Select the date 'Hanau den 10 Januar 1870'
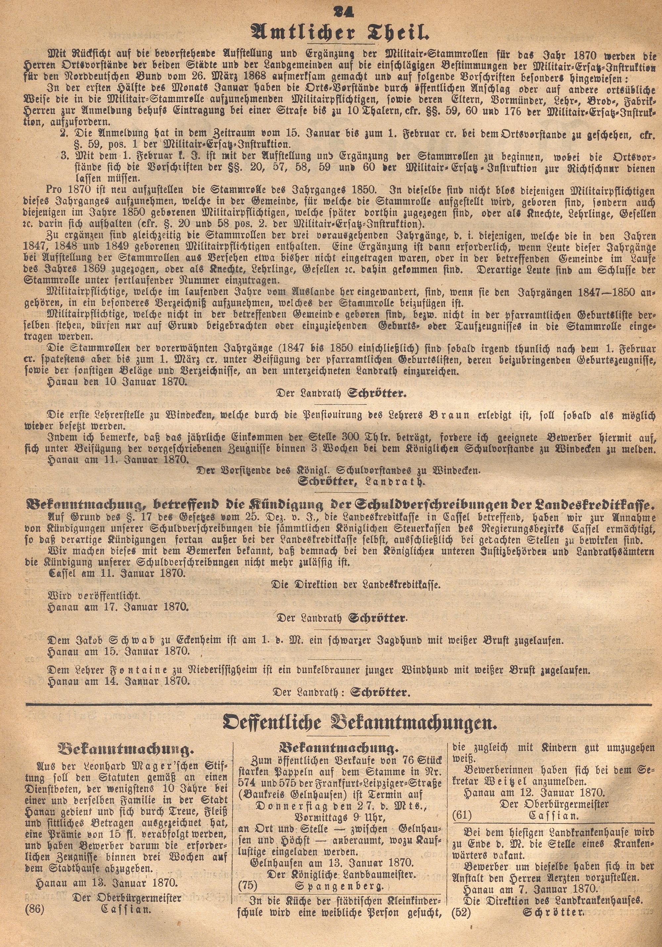point(117,381)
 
